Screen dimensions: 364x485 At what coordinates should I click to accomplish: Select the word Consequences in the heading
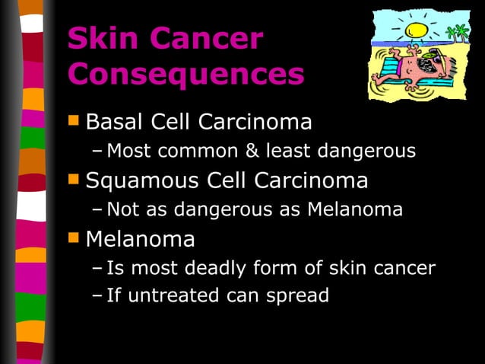[186, 75]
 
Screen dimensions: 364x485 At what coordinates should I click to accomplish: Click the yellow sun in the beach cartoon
[416, 30]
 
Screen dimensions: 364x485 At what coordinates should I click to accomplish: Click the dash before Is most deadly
[96, 269]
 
